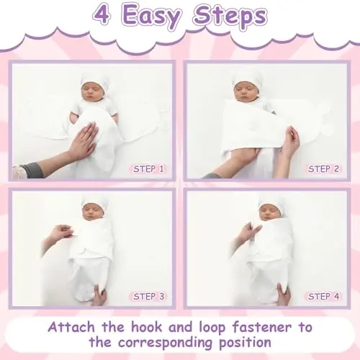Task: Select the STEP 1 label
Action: point(148,169)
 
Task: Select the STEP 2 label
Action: point(323,169)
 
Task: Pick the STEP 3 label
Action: point(149,297)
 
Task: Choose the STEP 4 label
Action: point(323,297)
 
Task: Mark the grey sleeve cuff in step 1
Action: point(30,169)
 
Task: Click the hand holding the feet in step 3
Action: point(99,294)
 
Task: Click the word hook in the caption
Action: point(146,327)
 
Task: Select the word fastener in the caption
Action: point(262,327)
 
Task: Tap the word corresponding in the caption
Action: point(165,343)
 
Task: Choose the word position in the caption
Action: point(245,343)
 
